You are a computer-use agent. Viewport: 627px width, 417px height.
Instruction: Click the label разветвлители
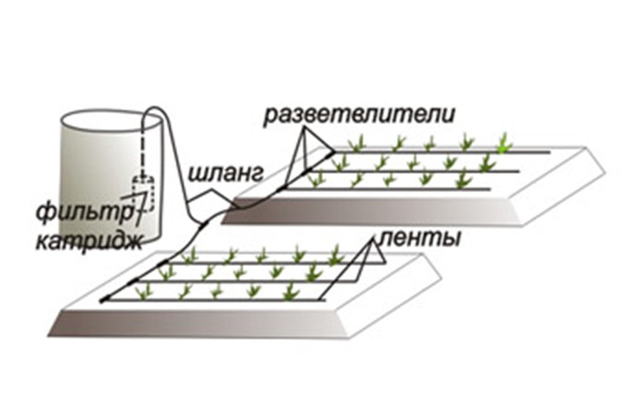(359, 115)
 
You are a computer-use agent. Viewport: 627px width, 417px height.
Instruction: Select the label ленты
(420, 238)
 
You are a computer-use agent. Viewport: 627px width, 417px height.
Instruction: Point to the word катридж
(89, 242)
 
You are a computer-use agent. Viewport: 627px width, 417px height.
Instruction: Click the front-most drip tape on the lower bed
(214, 301)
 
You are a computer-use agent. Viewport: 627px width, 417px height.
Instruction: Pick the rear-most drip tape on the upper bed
(441, 151)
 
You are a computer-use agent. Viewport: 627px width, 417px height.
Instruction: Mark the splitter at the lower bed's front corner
(103, 300)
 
